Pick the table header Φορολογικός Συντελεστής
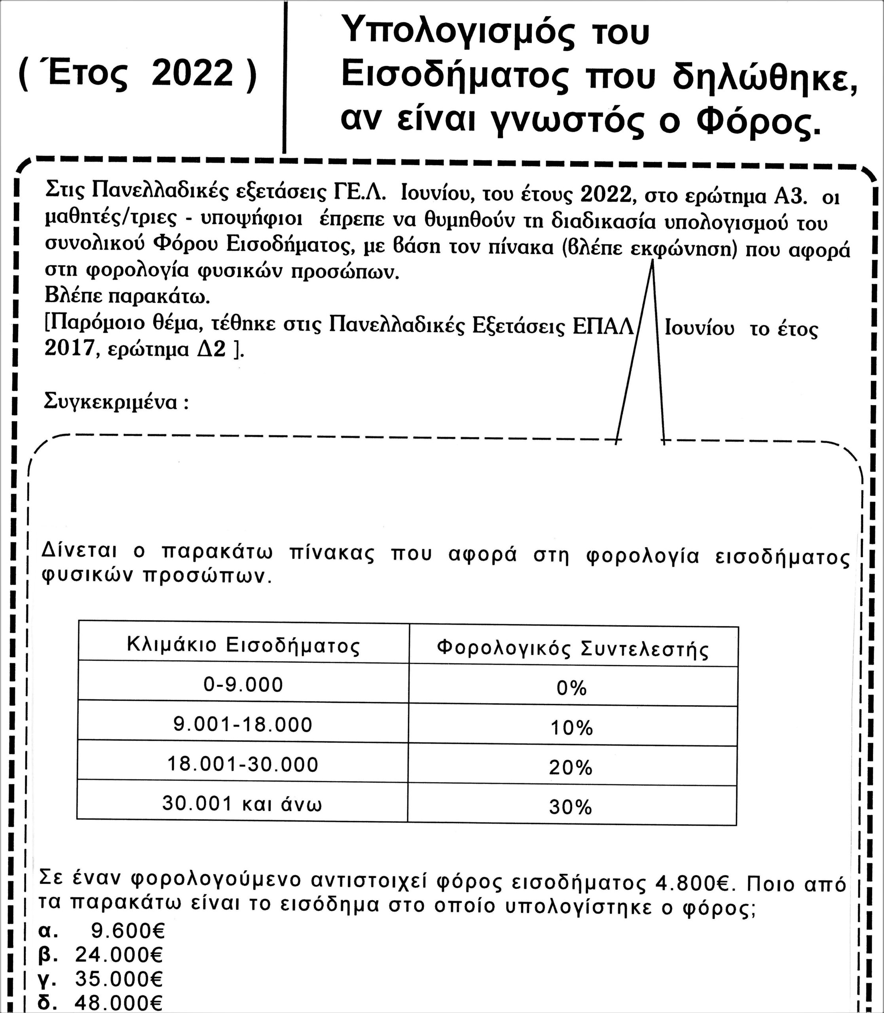[x=573, y=649]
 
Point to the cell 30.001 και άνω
[x=242, y=804]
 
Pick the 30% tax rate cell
[x=570, y=807]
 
